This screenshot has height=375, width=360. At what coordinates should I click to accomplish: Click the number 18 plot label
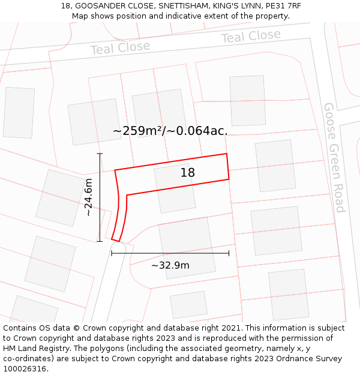[188, 173]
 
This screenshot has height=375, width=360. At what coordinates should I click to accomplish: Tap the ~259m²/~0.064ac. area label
[170, 131]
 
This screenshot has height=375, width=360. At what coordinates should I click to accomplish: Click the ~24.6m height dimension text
[88, 197]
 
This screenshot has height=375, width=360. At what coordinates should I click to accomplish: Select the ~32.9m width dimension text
[170, 265]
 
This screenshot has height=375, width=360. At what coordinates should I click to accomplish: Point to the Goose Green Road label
[334, 157]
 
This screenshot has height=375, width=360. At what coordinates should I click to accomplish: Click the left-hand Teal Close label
[120, 48]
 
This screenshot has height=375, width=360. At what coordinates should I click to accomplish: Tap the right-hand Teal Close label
[250, 37]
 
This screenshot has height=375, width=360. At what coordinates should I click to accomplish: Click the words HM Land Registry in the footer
[37, 349]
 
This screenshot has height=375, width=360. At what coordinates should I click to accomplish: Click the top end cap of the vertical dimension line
[100, 154]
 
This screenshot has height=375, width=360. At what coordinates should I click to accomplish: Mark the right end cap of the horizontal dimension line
[229, 253]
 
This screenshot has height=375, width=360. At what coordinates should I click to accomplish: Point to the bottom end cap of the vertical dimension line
[100, 241]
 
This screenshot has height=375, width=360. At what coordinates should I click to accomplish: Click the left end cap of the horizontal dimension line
[112, 253]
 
